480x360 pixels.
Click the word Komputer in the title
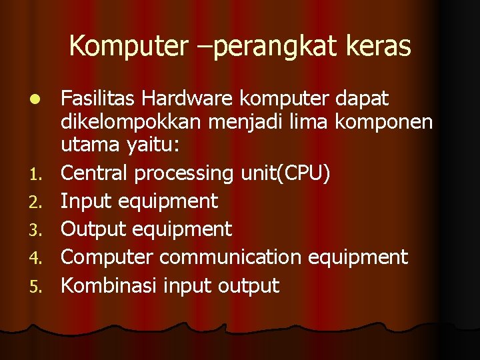click(126, 47)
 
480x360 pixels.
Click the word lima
click(325, 123)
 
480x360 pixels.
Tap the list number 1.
click(41, 175)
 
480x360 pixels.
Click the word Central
click(95, 173)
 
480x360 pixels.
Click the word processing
click(184, 174)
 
